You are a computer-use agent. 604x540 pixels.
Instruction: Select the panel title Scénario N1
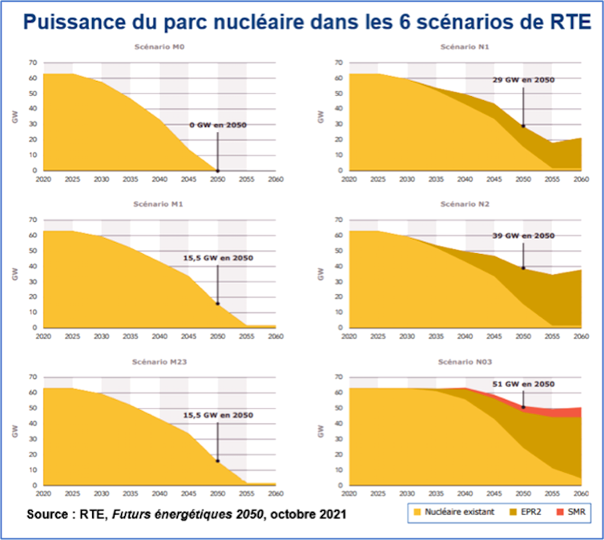465,47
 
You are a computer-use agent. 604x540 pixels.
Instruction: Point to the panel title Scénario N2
465,204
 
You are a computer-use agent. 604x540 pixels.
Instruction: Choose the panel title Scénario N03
465,362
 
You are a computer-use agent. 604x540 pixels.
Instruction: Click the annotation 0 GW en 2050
218,126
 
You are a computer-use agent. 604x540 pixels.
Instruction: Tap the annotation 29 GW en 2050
524,80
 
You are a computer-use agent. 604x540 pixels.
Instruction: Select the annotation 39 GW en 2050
524,236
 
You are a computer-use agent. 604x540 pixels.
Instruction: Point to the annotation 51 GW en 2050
524,384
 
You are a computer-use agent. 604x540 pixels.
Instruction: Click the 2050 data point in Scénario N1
524,126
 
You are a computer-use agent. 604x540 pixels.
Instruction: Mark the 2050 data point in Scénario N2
524,268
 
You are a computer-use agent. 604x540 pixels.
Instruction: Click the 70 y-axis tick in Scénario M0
32,62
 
